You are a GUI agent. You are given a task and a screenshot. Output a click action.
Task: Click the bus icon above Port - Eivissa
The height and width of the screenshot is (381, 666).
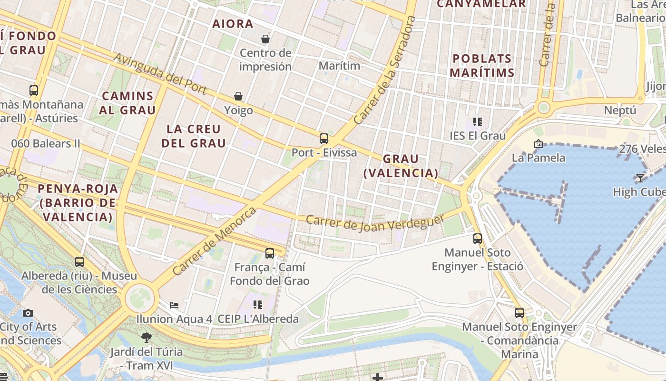[x=324, y=139]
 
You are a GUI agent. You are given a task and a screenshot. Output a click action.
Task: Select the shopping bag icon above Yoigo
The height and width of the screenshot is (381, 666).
[x=238, y=97]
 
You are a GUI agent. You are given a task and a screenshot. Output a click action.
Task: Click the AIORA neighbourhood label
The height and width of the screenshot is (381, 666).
[x=233, y=24]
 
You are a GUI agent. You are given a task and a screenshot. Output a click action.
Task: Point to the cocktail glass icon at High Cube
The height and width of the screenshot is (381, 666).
[x=640, y=178]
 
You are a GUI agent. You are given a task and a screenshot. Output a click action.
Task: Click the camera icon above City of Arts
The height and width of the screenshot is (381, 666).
[x=28, y=313]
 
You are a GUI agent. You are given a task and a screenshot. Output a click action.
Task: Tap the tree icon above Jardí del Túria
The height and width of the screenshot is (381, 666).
[x=147, y=338]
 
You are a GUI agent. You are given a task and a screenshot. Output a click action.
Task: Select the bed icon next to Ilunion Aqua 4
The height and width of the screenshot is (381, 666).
[x=174, y=305]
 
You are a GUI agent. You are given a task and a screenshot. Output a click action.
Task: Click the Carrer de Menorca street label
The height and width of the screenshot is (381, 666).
[x=215, y=241]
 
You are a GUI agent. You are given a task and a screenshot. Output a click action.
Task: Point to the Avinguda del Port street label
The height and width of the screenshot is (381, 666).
[x=160, y=73]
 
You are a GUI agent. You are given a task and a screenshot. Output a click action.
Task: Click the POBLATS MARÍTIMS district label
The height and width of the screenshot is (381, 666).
[x=482, y=66]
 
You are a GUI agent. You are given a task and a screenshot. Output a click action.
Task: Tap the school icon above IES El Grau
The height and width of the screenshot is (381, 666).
[x=477, y=122]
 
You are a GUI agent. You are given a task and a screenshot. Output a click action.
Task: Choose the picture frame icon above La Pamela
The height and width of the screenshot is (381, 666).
[x=539, y=143]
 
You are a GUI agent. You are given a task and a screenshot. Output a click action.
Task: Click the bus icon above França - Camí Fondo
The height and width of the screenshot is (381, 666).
[x=270, y=253]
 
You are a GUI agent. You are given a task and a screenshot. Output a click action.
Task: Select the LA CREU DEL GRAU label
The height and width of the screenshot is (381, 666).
[x=194, y=136]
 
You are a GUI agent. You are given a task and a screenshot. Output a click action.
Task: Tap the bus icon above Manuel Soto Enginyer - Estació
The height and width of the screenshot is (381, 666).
[x=478, y=239]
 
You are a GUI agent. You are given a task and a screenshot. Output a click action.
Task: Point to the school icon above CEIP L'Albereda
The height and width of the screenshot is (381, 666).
[x=257, y=305]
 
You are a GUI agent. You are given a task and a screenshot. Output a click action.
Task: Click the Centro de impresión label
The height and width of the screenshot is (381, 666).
[x=265, y=60]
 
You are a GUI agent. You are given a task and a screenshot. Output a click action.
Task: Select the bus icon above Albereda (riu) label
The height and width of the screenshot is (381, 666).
[x=79, y=261]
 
